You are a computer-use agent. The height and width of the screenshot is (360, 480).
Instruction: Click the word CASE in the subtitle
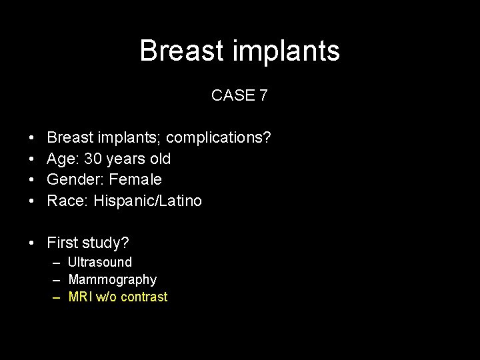(233, 95)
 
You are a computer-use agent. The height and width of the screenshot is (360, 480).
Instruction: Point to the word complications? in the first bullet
(219, 138)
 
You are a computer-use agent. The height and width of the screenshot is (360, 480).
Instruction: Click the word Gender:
(73, 179)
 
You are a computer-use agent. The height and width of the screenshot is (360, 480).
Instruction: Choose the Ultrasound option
(100, 262)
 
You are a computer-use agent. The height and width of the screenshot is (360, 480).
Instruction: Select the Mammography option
(112, 279)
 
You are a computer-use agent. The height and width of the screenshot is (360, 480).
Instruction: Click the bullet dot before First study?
(33, 243)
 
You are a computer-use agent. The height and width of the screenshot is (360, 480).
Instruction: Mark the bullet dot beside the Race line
(33, 201)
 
